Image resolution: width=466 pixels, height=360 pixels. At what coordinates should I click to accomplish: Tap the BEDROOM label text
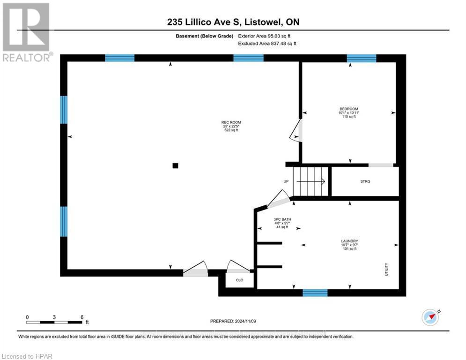pyautogui.click(x=349, y=109)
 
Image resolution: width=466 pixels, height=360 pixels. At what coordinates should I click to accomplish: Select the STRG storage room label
pyautogui.click(x=365, y=181)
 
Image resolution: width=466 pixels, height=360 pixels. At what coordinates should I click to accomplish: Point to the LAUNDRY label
pyautogui.click(x=349, y=241)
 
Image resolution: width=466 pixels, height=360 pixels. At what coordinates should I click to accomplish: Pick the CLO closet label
pyautogui.click(x=239, y=280)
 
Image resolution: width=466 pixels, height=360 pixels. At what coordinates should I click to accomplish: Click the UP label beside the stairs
pyautogui.click(x=286, y=181)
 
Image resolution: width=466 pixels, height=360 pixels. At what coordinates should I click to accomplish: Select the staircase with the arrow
pyautogui.click(x=310, y=182)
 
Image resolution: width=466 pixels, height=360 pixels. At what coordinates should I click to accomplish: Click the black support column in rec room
pyautogui.click(x=175, y=165)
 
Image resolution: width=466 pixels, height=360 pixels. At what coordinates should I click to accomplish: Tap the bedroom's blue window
pyautogui.click(x=361, y=58)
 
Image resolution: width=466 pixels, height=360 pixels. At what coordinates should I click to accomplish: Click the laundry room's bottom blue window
pyautogui.click(x=315, y=293)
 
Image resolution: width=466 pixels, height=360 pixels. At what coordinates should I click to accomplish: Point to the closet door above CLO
pyautogui.click(x=238, y=266)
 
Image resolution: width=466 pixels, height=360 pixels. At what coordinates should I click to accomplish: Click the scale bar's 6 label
pyautogui.click(x=82, y=317)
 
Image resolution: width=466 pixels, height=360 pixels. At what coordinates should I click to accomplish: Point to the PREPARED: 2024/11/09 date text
pyautogui.click(x=233, y=321)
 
